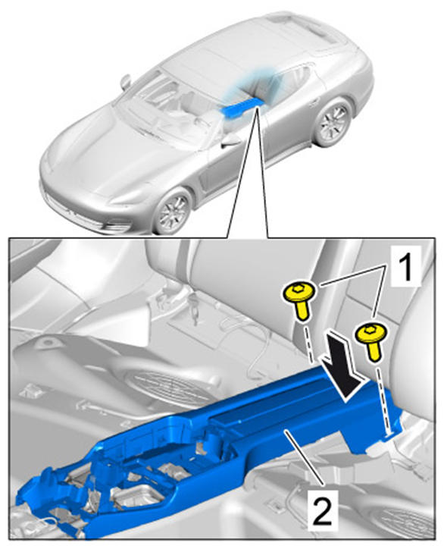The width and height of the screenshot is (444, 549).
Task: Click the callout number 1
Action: pyautogui.click(x=405, y=268)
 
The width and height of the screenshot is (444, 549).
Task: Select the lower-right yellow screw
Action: pyautogui.click(x=372, y=340)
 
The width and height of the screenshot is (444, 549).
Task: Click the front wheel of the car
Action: pyautogui.click(x=174, y=211)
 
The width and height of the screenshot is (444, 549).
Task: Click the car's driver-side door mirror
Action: pyautogui.click(x=126, y=81)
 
